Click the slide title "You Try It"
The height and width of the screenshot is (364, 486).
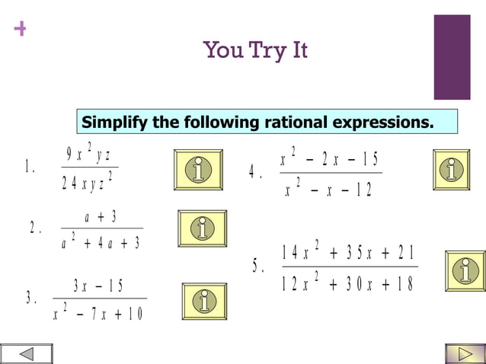click(255, 51)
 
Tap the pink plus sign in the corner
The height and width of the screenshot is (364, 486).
click(20, 29)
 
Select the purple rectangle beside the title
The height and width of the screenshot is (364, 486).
click(452, 57)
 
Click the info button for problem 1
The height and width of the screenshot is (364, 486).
click(198, 170)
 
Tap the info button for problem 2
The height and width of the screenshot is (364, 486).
click(202, 228)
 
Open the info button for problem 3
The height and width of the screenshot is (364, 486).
click(203, 301)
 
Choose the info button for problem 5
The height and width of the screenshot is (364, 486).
click(465, 270)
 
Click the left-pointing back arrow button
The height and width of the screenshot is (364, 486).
click(27, 354)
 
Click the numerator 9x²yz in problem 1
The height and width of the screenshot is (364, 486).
click(88, 155)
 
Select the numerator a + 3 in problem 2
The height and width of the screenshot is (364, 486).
click(101, 217)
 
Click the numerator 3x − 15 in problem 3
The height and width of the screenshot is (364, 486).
click(98, 286)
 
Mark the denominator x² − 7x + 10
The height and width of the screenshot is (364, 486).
click(98, 314)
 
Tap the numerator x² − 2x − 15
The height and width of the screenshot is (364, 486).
click(328, 159)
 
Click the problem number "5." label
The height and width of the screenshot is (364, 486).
click(258, 267)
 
